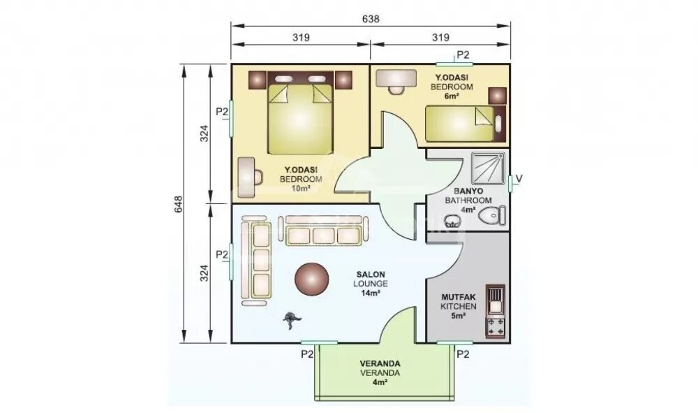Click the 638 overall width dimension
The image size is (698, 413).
click(x=371, y=19)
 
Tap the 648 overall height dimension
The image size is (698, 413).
click(x=179, y=204)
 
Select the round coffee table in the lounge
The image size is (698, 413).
click(x=311, y=280)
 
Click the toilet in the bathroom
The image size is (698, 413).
click(x=492, y=215)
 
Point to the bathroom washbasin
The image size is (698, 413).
click(x=452, y=220)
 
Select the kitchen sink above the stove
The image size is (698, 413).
click(x=496, y=300)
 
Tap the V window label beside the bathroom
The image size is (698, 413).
click(x=519, y=179)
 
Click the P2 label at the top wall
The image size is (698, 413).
click(x=463, y=55)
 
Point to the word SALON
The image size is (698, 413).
click(x=371, y=275)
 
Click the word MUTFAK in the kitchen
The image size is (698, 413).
click(x=459, y=297)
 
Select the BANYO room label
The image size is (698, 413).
click(x=468, y=191)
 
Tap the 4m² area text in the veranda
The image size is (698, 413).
click(x=380, y=382)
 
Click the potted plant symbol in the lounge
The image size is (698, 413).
click(x=292, y=319)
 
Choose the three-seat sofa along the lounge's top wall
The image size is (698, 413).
click(x=323, y=231)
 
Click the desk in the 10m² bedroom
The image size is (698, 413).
click(x=246, y=177)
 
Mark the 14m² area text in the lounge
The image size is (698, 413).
click(x=371, y=294)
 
